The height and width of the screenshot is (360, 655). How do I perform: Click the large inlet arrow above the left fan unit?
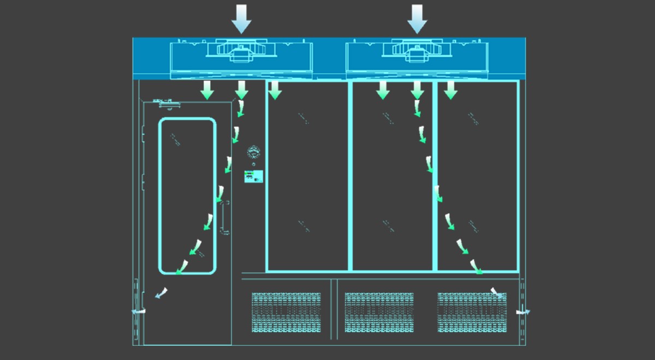[x=241, y=19]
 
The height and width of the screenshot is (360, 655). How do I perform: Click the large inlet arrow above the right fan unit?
[x=418, y=19]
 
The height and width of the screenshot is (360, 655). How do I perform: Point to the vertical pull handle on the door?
[x=223, y=218]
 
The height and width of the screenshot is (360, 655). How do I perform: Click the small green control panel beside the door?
[x=253, y=176]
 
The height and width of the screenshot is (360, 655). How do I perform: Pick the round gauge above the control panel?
[x=253, y=151]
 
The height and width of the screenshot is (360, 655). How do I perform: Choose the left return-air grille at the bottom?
[x=286, y=313]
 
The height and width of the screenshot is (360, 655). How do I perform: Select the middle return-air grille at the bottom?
[x=379, y=313]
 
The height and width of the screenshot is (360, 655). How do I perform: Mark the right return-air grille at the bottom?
[x=472, y=313]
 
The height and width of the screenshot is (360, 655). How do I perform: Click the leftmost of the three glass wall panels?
[x=307, y=176]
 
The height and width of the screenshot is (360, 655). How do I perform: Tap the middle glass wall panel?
[x=392, y=176]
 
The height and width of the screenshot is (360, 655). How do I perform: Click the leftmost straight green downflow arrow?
[x=207, y=90]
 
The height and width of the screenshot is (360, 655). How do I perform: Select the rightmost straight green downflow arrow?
[x=450, y=90]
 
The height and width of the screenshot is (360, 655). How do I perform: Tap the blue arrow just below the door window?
[x=161, y=293]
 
